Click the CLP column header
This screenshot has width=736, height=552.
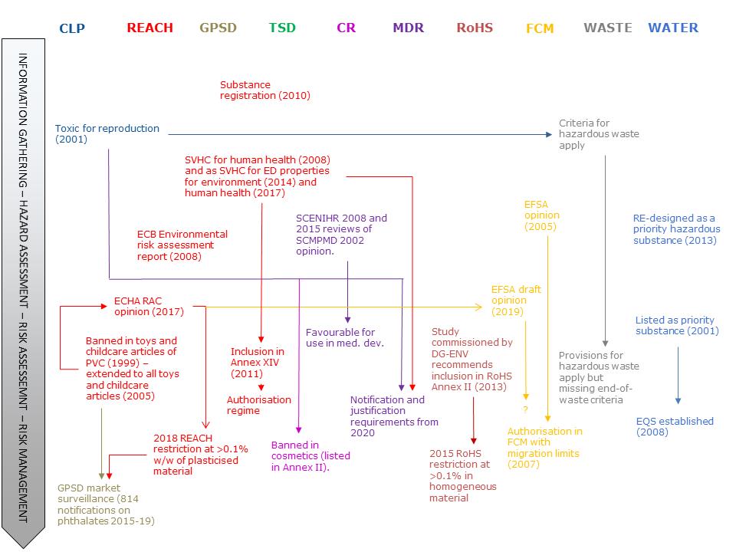72,28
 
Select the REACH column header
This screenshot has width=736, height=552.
150,28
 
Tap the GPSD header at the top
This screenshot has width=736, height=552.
218,28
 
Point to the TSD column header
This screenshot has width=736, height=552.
282,28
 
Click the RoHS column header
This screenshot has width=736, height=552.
475,28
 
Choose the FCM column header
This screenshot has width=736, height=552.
540,28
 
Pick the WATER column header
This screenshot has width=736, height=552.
673,28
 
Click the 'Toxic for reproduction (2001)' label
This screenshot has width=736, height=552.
107,134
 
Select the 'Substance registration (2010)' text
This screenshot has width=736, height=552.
264,90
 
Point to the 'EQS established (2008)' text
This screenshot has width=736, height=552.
675,426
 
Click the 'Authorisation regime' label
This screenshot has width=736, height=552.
259,405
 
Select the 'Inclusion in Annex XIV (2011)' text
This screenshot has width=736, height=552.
258,363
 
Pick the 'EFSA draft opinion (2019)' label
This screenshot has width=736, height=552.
516,301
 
